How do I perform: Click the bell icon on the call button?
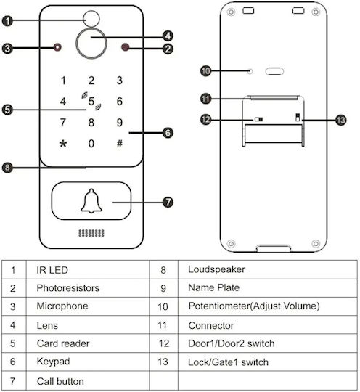pyautogui.click(x=91, y=201)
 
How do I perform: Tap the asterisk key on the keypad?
pyautogui.click(x=63, y=144)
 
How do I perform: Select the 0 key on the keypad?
pyautogui.click(x=91, y=144)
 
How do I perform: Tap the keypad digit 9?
pyautogui.click(x=120, y=123)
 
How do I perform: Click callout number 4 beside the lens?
pyautogui.click(x=168, y=36)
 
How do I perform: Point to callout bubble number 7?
pyautogui.click(x=168, y=202)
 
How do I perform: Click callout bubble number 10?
pyautogui.click(x=205, y=71)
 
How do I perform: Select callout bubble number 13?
pyautogui.click(x=340, y=121)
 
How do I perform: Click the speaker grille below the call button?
pyautogui.click(x=91, y=233)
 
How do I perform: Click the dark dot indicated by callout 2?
pyautogui.click(x=125, y=47)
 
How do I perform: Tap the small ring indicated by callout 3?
pyautogui.click(x=57, y=47)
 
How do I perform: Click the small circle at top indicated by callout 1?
pyautogui.click(x=91, y=19)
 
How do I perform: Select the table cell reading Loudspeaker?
pyautogui.click(x=216, y=269)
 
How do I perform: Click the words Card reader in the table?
pyautogui.click(x=63, y=343)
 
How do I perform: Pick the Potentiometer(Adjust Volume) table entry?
pyautogui.click(x=254, y=306)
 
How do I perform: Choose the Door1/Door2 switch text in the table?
pyautogui.click(x=232, y=343)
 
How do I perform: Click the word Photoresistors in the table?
pyautogui.click(x=68, y=288)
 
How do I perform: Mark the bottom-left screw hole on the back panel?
pyautogui.click(x=232, y=243)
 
